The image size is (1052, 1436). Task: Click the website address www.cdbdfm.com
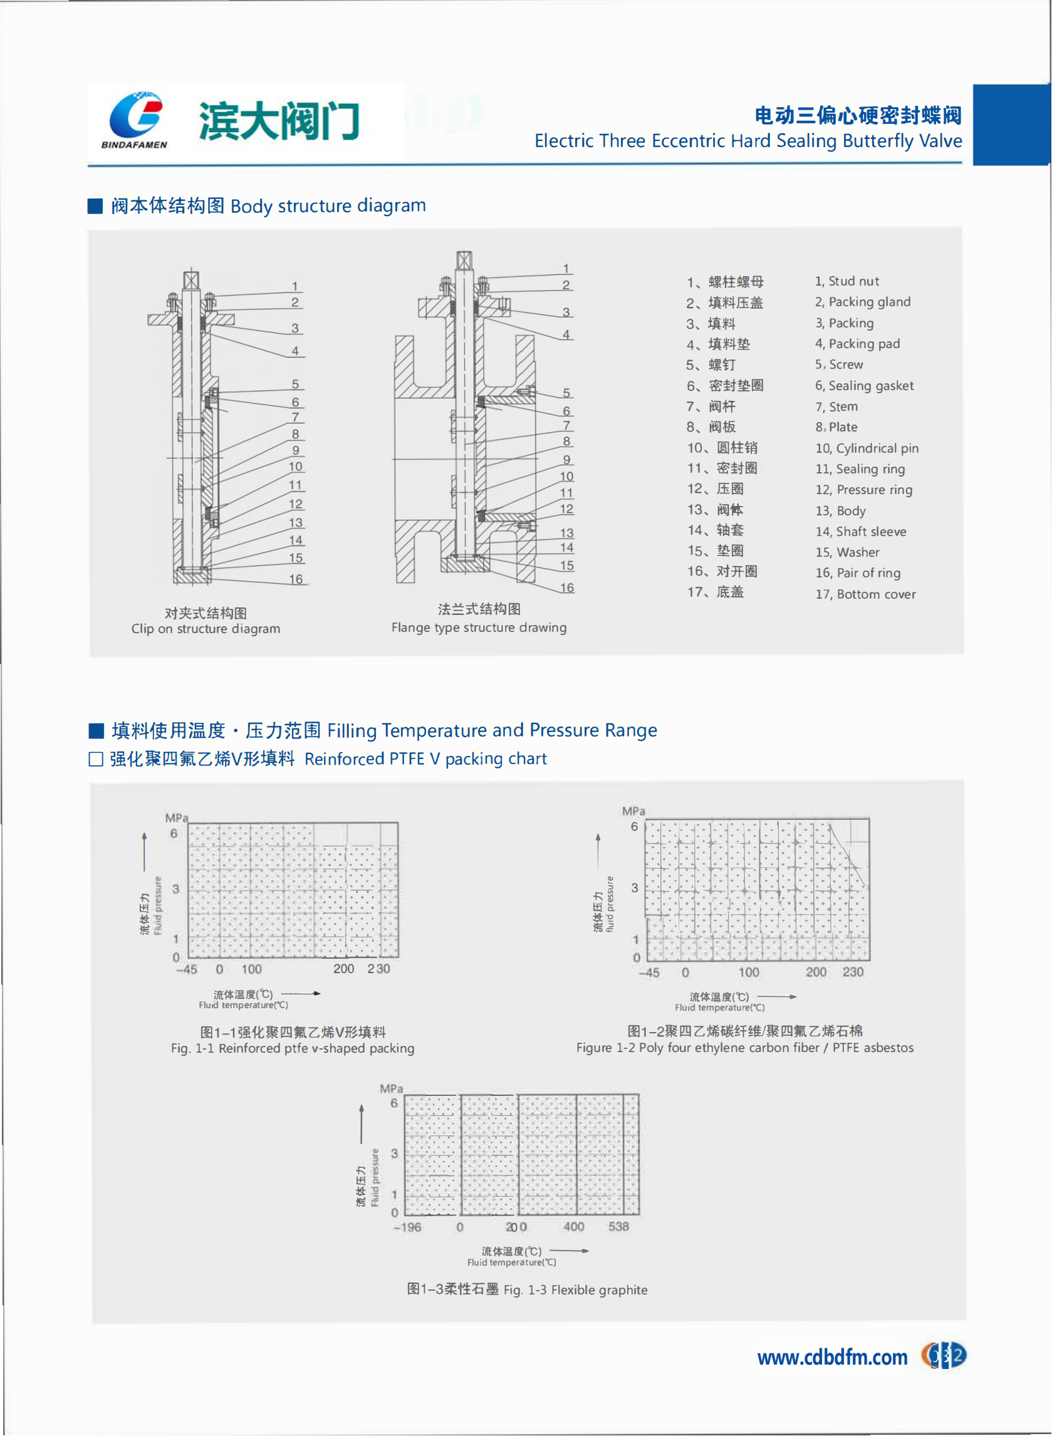(x=831, y=1357)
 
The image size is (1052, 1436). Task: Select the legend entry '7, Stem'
(x=836, y=406)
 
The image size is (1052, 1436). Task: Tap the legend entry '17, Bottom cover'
(x=865, y=594)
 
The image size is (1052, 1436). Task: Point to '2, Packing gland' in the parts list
(x=862, y=302)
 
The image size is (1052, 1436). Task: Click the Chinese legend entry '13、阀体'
(x=714, y=509)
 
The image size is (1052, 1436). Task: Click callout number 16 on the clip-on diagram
(x=296, y=579)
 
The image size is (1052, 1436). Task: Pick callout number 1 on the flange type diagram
(x=566, y=269)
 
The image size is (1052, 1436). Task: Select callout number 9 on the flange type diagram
(x=566, y=460)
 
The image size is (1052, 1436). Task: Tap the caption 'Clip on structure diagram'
(x=206, y=628)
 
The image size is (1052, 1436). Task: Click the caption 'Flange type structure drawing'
(x=479, y=627)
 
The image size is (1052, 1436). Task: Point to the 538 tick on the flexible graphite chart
(x=618, y=1227)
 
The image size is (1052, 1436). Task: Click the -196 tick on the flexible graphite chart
(x=407, y=1227)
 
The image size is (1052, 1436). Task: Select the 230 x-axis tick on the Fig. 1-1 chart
(x=378, y=968)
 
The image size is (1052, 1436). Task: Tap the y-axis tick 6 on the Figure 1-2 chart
(x=634, y=826)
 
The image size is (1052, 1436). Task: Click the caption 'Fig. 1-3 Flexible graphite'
(x=575, y=1289)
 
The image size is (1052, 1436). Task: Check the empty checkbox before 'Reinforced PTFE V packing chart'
(x=96, y=759)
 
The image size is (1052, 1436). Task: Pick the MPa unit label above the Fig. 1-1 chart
(x=177, y=817)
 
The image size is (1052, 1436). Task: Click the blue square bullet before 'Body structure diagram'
(x=95, y=206)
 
